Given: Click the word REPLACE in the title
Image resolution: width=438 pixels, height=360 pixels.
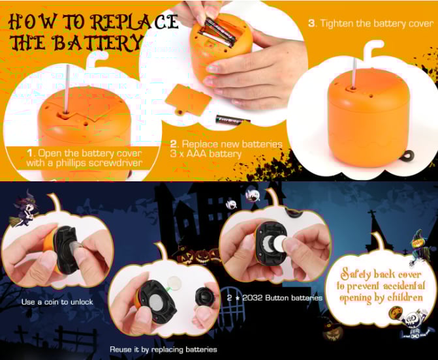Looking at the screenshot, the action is point(134,22).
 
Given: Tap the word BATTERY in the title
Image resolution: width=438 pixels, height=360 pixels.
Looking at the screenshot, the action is point(98,42).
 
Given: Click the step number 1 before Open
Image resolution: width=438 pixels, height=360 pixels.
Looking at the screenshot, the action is point(30,153).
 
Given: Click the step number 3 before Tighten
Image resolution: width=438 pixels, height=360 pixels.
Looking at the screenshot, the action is point(311,23).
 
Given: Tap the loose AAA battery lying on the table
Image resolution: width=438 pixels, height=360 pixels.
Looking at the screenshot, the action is point(232,120).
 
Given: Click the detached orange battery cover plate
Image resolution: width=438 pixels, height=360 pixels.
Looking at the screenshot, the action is point(188,100).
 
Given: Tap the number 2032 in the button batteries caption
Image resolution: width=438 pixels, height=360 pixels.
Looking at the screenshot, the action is point(252,298).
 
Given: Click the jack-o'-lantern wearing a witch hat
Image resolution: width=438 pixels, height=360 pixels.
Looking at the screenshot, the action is point(333,330).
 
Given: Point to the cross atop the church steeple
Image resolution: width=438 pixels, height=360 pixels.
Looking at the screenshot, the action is point(371,215).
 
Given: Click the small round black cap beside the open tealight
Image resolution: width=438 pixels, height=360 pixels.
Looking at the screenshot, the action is point(205,296).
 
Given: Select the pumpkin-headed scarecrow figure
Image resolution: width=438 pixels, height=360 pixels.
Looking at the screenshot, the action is point(419,246).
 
